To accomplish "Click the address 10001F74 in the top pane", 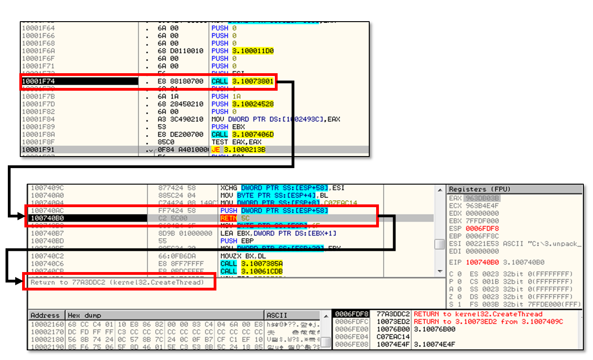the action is (39, 81).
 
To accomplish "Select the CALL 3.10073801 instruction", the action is (243, 81).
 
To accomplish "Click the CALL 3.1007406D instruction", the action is (243, 134).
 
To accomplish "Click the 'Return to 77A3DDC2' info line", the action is (117, 282).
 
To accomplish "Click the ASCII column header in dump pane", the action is (278, 315).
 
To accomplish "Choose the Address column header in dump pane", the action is (45, 315).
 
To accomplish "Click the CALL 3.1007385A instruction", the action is (251, 264).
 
